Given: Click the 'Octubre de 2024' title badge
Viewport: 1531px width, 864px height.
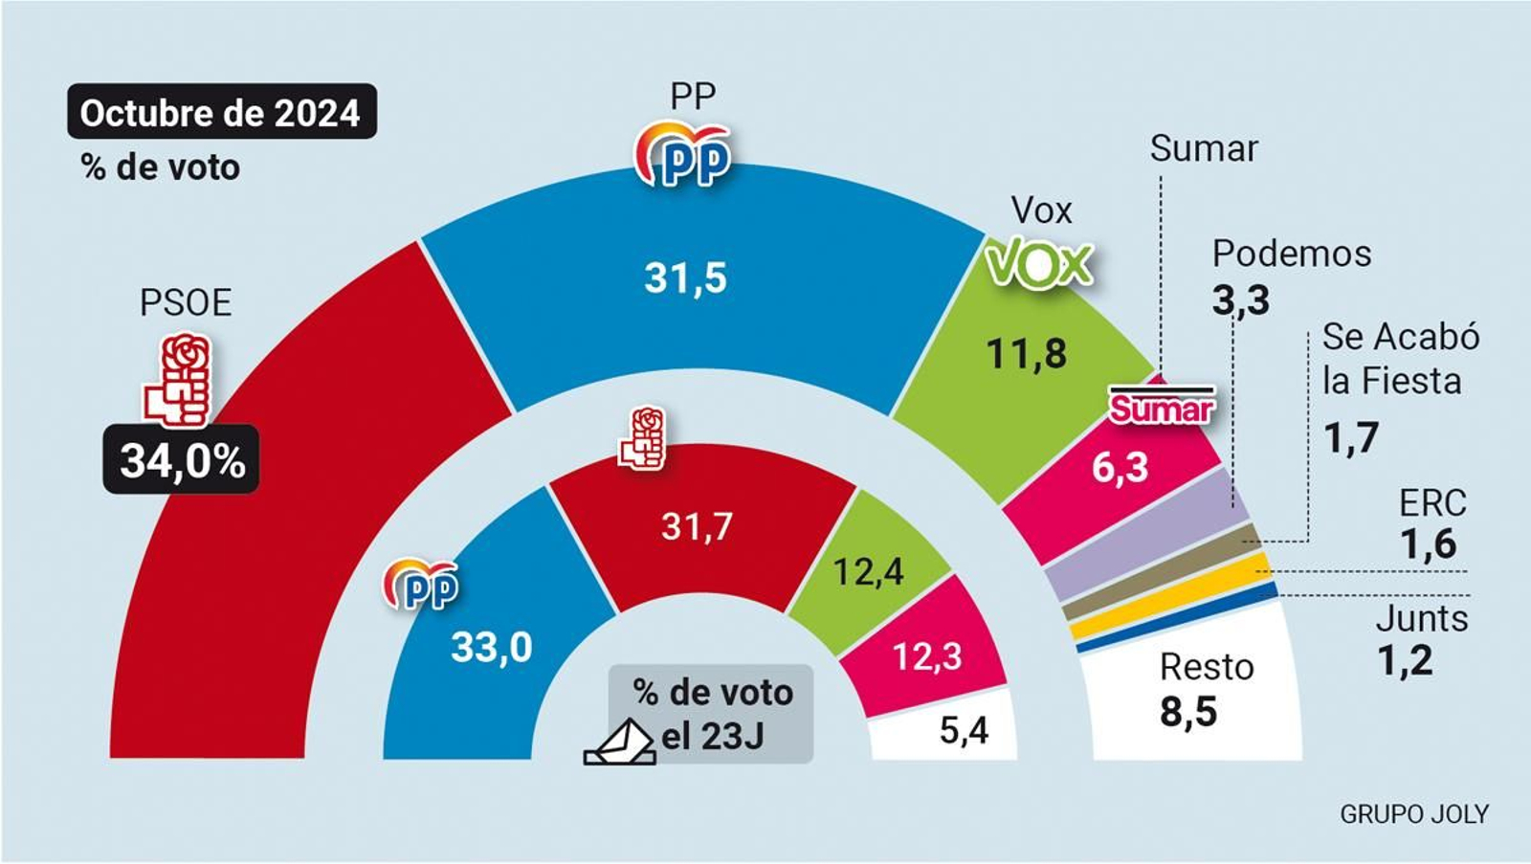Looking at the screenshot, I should click(221, 113).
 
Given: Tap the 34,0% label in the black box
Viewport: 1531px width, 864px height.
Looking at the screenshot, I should click(182, 460).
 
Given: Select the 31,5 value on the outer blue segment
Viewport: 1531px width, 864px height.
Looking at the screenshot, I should click(685, 278).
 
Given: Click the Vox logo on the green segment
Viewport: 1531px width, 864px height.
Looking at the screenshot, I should click(1039, 263).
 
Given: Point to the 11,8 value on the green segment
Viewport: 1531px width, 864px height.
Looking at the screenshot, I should click(1026, 355).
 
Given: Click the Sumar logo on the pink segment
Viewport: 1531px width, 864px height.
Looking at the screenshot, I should click(1161, 407).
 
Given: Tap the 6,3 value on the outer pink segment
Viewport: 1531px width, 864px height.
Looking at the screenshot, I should click(1120, 468).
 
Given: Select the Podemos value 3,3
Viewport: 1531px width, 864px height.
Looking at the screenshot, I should click(1241, 300).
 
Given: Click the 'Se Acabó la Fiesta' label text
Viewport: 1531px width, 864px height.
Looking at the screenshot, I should click(1400, 359).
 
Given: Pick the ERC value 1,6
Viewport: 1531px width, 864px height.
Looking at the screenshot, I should click(1428, 544).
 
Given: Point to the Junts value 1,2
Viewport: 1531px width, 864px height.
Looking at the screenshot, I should click(1405, 661).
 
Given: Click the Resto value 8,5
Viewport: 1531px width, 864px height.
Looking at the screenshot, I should click(1188, 712).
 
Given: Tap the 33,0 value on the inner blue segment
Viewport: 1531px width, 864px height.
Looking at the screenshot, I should click(491, 648).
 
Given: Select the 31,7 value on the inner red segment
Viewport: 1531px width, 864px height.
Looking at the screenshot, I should click(697, 526).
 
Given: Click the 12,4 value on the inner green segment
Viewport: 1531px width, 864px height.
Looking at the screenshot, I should click(868, 572).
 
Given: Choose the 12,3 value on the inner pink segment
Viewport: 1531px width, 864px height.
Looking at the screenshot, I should click(926, 657).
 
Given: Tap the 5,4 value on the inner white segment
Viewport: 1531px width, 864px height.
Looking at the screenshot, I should click(964, 731).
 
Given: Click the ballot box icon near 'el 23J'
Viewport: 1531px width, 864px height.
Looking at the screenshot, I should click(620, 744).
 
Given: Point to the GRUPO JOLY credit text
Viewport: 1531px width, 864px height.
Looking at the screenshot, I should click(1413, 814).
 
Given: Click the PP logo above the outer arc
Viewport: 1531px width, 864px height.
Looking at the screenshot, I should click(683, 155).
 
